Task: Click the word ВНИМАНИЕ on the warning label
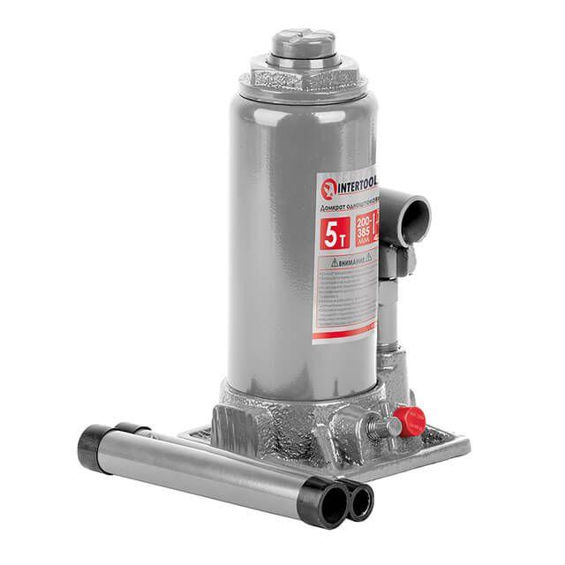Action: pyautogui.click(x=358, y=262)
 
